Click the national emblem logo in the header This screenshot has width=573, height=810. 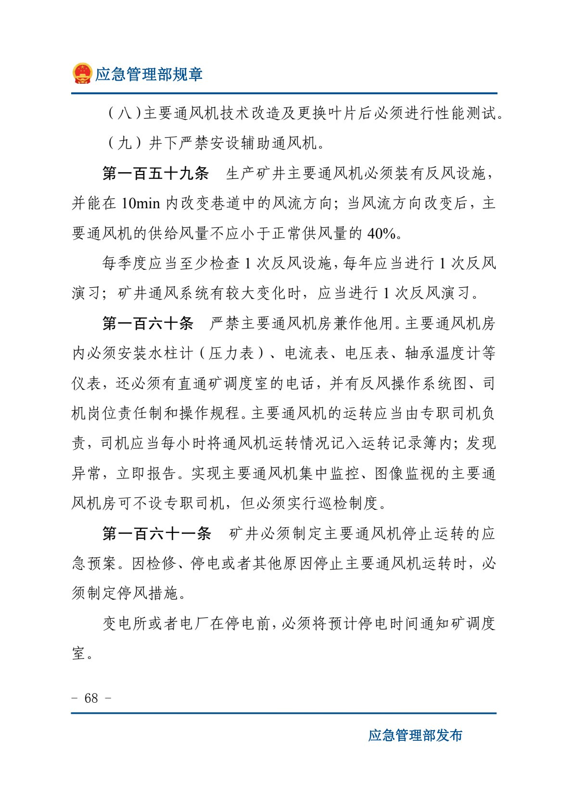tap(82, 74)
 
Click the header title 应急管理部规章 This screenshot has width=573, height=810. tap(149, 74)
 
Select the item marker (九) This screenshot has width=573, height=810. tap(124, 143)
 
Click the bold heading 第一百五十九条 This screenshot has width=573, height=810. tap(155, 173)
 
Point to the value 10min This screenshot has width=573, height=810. tap(140, 203)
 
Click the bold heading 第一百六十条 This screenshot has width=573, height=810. tap(148, 323)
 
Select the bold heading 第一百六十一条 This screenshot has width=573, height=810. tap(156, 533)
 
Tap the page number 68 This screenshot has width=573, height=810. tap(91, 698)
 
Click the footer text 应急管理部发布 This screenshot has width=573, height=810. tap(415, 735)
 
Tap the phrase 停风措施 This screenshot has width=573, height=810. tap(148, 594)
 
